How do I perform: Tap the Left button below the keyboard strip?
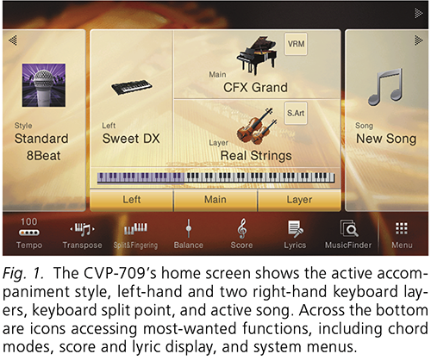(132, 199)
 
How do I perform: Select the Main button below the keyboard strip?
(215, 199)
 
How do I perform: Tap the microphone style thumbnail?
(43, 86)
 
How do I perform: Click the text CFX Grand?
(255, 88)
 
